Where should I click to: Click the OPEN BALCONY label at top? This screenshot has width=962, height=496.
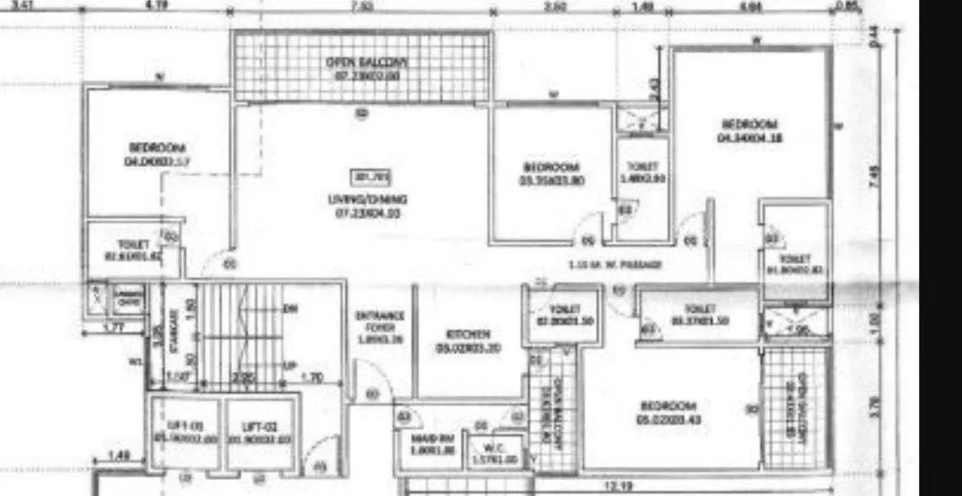click(366, 62)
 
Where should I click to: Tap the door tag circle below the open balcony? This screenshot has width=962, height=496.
click(361, 113)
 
